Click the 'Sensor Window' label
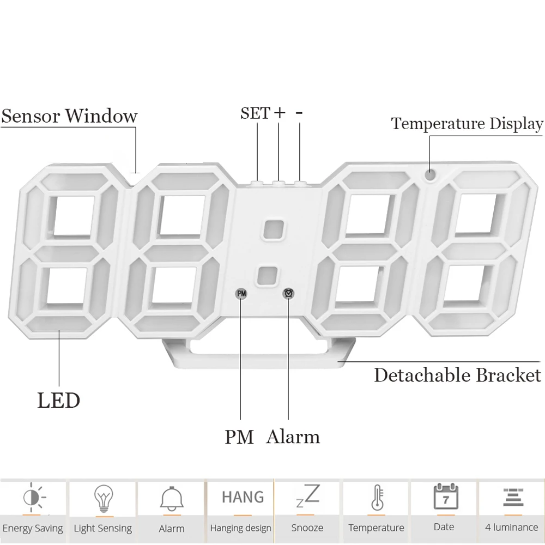tap(70, 116)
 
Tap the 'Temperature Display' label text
tap(467, 124)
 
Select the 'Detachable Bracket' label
tap(457, 376)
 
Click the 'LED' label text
tap(59, 401)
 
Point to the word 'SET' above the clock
tap(255, 113)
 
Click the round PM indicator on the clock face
tap(241, 294)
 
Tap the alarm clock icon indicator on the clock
tap(288, 294)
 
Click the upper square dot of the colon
tap(274, 230)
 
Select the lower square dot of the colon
tap(267, 276)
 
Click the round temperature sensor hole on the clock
tap(431, 174)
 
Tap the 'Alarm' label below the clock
tap(293, 437)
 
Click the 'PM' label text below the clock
tap(239, 437)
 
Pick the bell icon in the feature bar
tap(172, 498)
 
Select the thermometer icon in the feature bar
tap(378, 498)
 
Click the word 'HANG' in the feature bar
tap(243, 497)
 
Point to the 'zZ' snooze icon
tap(307, 495)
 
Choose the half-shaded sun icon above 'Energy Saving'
tap(33, 497)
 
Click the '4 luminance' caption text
tap(512, 527)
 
